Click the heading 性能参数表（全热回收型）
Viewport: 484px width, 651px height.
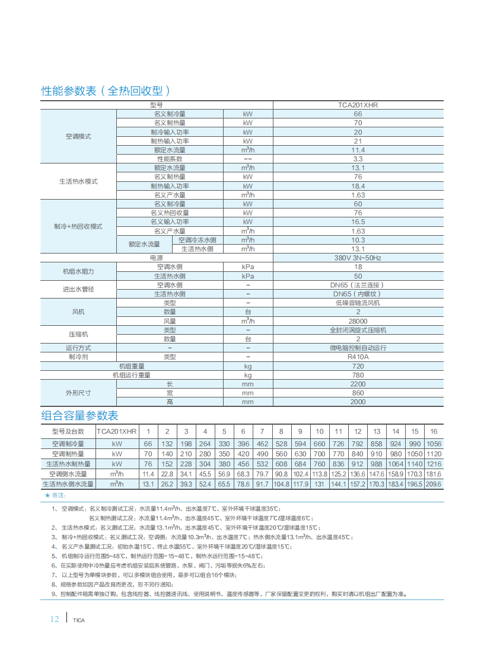tap(106, 91)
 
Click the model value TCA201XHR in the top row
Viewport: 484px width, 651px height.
tap(358, 105)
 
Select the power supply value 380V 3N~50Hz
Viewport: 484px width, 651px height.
tap(358, 258)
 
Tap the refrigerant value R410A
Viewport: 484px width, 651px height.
tap(358, 357)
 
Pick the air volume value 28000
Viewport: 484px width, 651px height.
tap(358, 321)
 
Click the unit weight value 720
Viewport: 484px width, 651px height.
tap(358, 366)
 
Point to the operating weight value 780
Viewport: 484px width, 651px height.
tap(358, 375)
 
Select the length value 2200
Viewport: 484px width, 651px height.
tap(358, 384)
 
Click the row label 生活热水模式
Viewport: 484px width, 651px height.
tap(78, 181)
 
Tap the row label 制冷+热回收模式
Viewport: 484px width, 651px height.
tap(78, 226)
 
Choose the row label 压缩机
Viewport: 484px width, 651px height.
tap(78, 334)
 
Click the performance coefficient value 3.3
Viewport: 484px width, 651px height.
tap(358, 159)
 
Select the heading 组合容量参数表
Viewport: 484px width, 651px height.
tap(79, 415)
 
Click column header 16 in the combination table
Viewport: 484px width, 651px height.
tap(434, 431)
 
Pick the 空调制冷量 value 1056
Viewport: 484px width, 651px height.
tap(434, 444)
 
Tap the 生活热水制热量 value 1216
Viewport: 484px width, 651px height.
tap(434, 464)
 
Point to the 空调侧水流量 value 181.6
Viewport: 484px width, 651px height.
tap(434, 474)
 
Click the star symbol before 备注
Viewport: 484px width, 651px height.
tap(47, 495)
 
